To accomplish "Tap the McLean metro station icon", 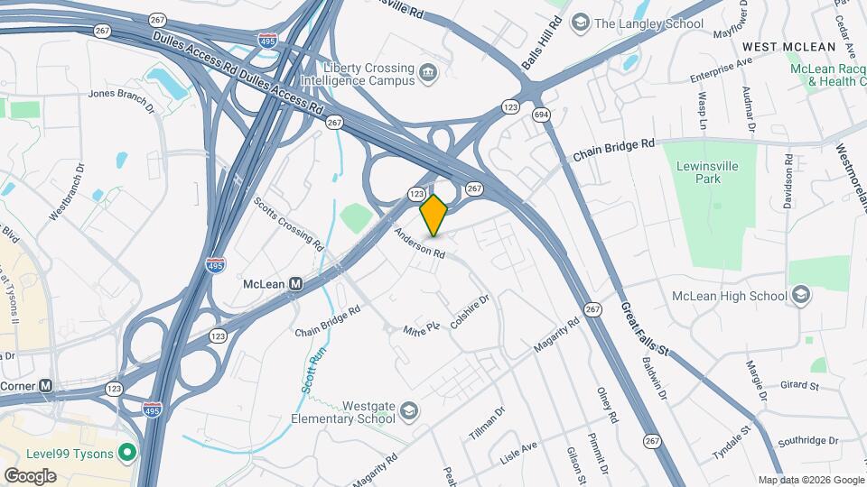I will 295,284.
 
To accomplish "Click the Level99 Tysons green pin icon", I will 127,452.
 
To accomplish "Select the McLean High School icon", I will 799,295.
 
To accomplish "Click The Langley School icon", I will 581,23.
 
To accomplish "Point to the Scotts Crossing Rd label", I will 288,224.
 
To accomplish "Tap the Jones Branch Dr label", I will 122,99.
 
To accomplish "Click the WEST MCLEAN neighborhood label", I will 785,45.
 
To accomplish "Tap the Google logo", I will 30,475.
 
